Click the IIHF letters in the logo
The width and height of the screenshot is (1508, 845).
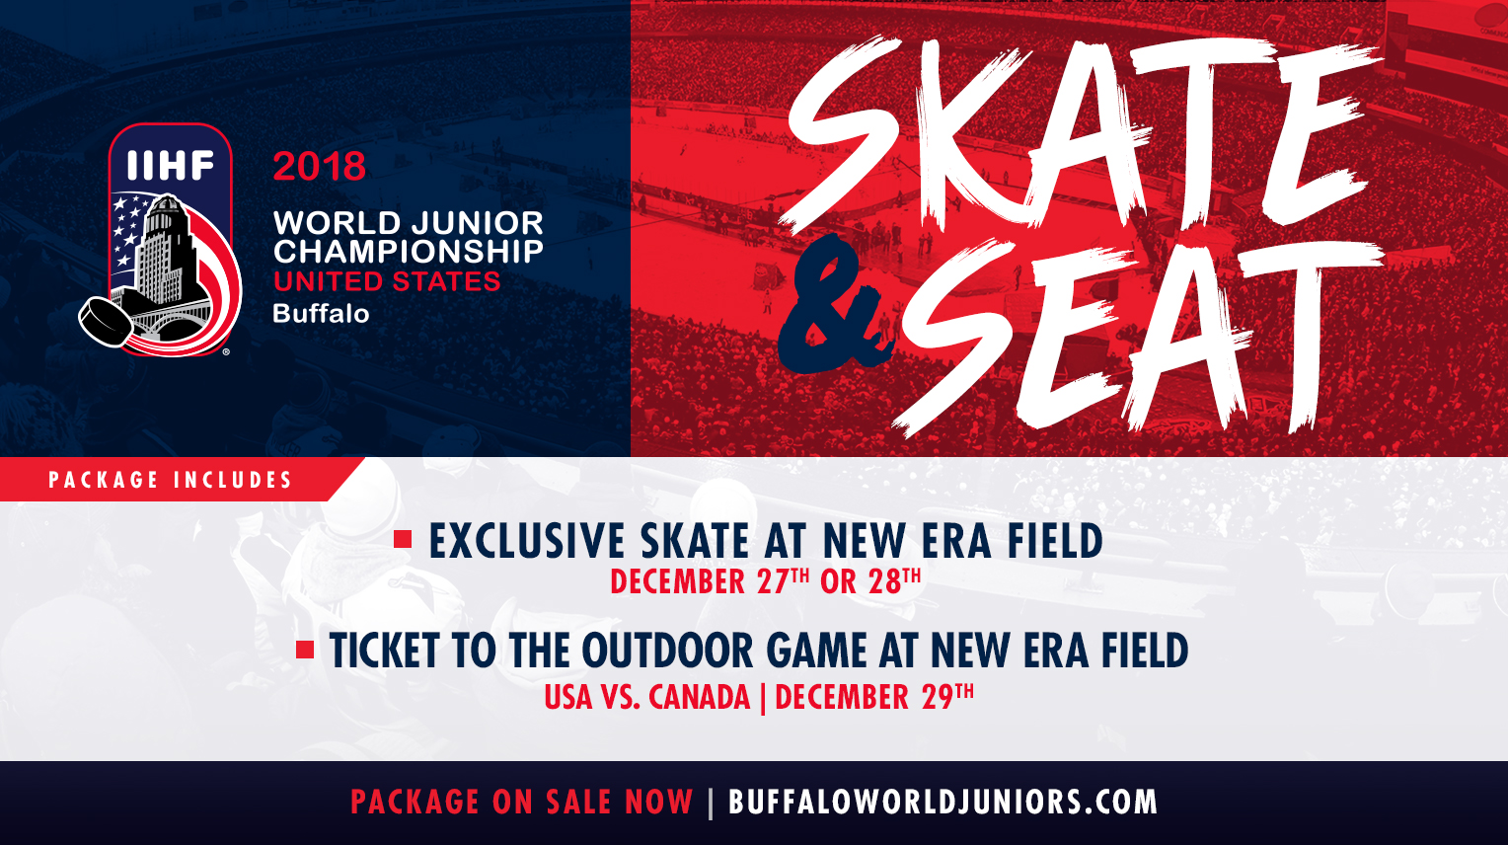[x=171, y=165]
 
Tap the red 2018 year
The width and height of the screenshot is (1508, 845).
[x=319, y=166]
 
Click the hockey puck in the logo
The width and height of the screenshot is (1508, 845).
[x=106, y=322]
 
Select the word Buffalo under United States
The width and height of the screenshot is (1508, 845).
[x=321, y=314]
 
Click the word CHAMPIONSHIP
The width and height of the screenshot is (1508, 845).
[x=408, y=252]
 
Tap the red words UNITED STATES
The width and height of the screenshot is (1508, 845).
[x=387, y=281]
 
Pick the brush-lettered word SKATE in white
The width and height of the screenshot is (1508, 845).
[x=1077, y=134]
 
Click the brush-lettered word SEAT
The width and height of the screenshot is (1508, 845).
[x=1138, y=337]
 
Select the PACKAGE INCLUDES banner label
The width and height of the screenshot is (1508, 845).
[x=171, y=480]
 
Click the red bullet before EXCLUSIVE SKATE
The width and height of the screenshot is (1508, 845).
[x=403, y=539]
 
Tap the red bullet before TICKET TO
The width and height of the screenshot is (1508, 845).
[x=305, y=650]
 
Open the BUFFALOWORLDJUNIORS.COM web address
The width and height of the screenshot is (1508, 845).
[x=942, y=802]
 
